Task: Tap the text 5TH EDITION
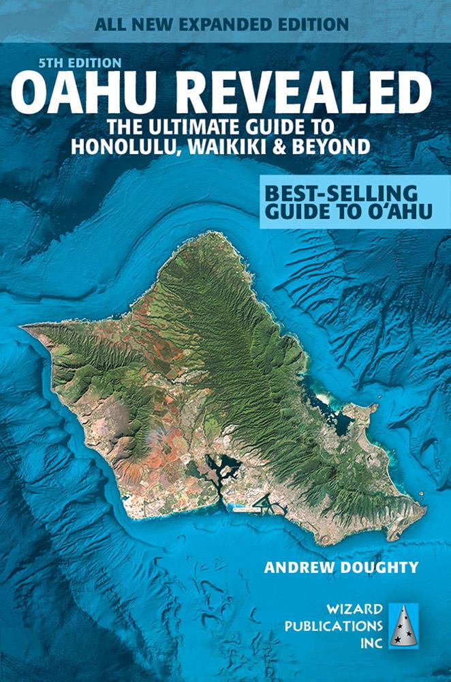click(x=81, y=62)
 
